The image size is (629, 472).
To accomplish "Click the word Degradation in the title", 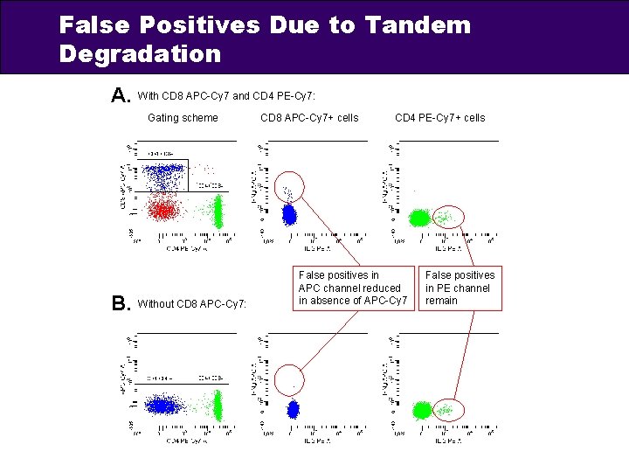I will [x=140, y=54].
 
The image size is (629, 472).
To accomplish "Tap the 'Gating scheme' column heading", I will [x=183, y=117].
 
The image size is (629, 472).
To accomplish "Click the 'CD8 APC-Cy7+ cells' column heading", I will [x=309, y=117].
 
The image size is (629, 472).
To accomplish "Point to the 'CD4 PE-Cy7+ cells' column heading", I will [x=439, y=117].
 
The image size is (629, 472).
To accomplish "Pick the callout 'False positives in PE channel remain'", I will [x=460, y=288].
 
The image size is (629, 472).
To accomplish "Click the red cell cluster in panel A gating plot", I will [x=162, y=210].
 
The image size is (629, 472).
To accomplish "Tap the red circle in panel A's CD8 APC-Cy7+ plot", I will [x=291, y=186].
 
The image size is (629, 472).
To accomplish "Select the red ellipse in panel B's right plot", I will [x=449, y=408].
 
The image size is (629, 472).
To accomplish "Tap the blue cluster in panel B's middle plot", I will [x=294, y=407].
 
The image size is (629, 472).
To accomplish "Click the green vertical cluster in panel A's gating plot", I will [x=218, y=211].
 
